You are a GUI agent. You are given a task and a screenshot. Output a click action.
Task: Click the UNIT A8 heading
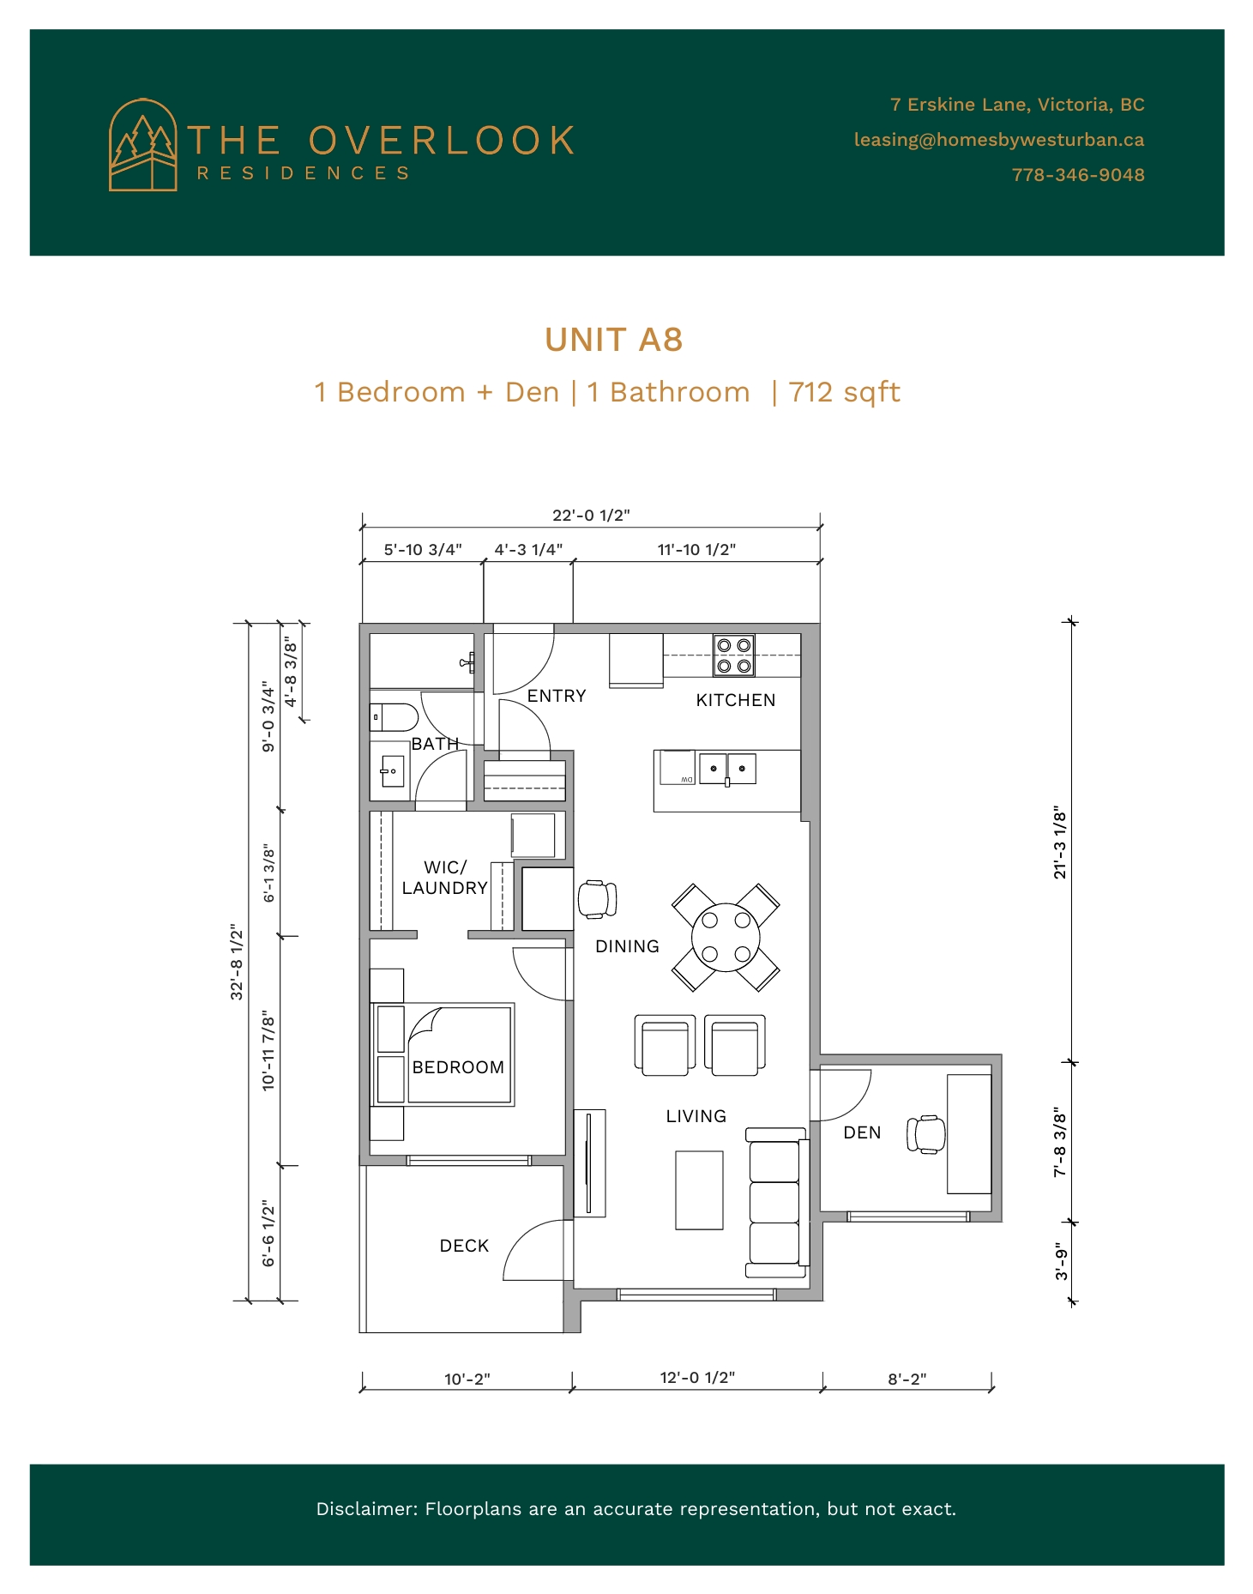point(614,340)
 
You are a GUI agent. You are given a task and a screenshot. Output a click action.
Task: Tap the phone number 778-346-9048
point(1078,175)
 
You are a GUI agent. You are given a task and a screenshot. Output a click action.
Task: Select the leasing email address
point(999,140)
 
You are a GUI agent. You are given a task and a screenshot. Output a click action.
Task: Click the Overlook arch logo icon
point(143,144)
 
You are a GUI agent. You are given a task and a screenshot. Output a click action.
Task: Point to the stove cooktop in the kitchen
point(734,655)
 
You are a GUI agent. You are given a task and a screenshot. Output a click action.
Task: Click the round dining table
point(726,938)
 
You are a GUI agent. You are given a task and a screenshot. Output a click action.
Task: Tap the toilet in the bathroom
point(394,716)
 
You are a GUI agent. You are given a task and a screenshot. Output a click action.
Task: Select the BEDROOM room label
point(458,1067)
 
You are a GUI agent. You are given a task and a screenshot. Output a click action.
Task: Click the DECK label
point(464,1246)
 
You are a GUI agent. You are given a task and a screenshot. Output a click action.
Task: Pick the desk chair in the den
point(926,1134)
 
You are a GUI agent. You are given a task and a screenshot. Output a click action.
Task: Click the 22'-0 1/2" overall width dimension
point(591,515)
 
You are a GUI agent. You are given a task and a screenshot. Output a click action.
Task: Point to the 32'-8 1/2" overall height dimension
point(238,962)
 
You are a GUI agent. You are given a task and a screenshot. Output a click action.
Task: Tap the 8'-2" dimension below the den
point(907,1380)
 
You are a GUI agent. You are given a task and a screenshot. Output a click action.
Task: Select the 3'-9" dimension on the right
point(1062,1262)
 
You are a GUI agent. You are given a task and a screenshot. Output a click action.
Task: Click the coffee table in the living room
point(699,1191)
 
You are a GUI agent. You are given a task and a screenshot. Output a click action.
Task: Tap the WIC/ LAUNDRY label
point(445,878)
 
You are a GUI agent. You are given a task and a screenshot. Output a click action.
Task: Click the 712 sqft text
point(844,392)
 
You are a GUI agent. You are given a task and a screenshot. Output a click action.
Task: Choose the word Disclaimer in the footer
point(367,1509)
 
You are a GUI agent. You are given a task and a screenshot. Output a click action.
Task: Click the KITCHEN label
point(736,700)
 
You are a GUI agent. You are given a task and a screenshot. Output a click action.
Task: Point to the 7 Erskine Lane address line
point(1017,105)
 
